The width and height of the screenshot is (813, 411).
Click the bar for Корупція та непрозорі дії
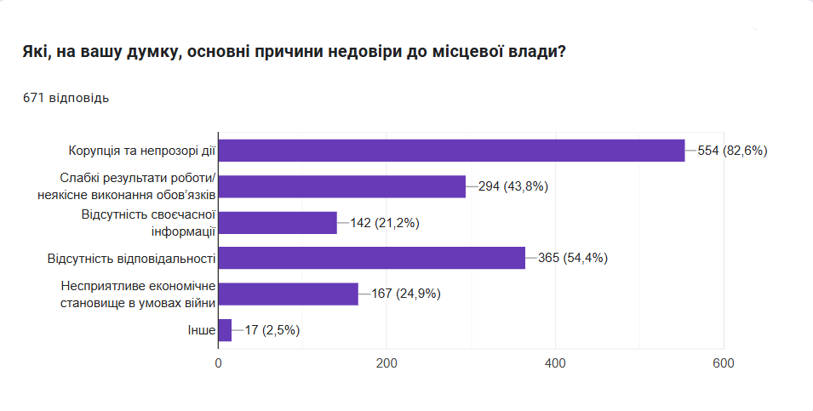[451, 151]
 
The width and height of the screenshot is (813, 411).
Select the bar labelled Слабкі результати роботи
[342, 186]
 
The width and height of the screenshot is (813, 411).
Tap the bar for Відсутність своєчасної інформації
[278, 222]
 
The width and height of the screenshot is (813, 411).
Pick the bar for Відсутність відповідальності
[372, 258]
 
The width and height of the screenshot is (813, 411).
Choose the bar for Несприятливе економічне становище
[289, 294]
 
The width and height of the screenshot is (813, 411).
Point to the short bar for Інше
[226, 329]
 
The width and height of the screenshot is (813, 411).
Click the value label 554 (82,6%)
[732, 151]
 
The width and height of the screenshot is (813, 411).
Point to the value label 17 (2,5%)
[272, 330]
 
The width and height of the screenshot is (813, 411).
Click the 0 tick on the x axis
[219, 362]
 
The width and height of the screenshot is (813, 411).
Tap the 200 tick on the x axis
[387, 362]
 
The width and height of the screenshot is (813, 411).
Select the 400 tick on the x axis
[556, 362]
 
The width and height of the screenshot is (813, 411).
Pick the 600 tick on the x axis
[724, 362]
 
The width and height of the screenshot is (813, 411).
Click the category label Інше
[200, 330]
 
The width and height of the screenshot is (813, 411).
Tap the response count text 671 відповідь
[66, 98]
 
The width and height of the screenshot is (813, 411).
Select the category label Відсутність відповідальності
[130, 259]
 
